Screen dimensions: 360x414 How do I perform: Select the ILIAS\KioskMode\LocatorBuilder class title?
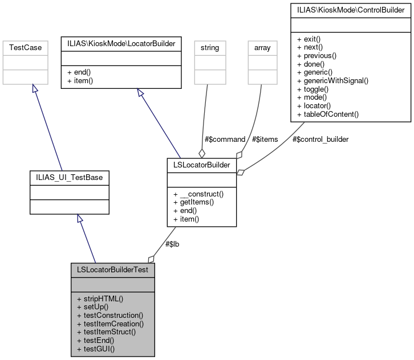121,43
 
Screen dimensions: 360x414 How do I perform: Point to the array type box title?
262,48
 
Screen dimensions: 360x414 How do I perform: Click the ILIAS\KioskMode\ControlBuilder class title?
351,9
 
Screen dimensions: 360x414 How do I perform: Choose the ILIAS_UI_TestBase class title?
69,178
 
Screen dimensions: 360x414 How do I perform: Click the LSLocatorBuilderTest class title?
113,269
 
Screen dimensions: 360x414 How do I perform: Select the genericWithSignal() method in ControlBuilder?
332,80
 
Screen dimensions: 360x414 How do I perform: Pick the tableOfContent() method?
327,114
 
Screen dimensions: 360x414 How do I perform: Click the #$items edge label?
265,139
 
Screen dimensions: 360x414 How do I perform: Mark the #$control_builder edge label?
320,139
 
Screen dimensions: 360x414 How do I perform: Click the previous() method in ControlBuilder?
316,55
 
